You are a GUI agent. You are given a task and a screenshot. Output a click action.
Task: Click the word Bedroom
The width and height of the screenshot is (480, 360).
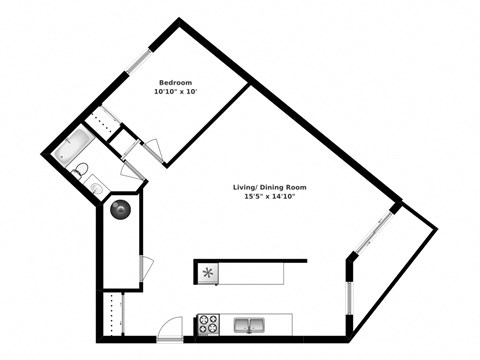coord(176,82)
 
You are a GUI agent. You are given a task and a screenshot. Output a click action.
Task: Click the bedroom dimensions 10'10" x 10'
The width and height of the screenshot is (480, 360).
coord(176,92)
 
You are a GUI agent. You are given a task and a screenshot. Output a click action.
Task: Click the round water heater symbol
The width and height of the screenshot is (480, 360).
coord(120,210)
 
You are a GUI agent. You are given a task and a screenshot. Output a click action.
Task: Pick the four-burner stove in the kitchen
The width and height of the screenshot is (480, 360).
coord(210,324)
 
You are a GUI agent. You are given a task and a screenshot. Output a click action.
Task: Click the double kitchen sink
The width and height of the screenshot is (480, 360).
coord(250,324)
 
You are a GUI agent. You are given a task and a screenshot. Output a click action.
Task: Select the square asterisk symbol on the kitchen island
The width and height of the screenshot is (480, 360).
coord(208,272)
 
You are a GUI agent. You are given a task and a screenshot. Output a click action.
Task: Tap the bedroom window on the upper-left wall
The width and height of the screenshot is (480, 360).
coord(138,58)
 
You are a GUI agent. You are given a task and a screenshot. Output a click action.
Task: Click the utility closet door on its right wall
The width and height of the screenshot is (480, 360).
coord(145,269)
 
